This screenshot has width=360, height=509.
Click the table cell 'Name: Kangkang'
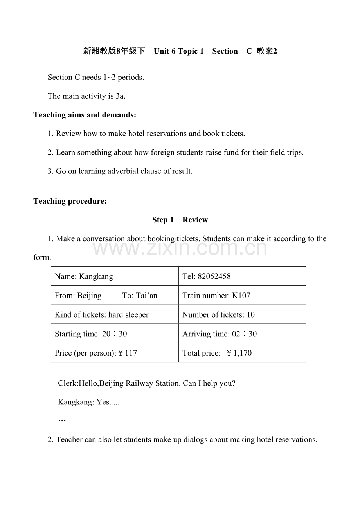[x=84, y=276]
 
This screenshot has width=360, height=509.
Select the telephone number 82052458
[x=214, y=276]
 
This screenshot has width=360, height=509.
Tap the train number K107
[x=241, y=296]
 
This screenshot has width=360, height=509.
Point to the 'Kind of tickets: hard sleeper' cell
[x=102, y=315]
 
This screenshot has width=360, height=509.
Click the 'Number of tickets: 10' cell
[x=218, y=315]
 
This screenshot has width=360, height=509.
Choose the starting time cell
[x=91, y=334]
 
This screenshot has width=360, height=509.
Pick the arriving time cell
[x=220, y=334]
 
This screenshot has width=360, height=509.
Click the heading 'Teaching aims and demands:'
[x=85, y=115]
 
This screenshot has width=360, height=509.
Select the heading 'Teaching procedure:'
[x=70, y=201]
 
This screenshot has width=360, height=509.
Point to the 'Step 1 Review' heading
[x=180, y=220]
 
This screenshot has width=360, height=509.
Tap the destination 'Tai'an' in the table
[x=146, y=296]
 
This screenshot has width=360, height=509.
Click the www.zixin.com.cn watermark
[x=180, y=248]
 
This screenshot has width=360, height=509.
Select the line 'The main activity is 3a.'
[x=86, y=96]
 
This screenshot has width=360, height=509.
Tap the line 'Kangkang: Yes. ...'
[x=89, y=402]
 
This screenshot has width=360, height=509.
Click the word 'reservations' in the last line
[x=294, y=440]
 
